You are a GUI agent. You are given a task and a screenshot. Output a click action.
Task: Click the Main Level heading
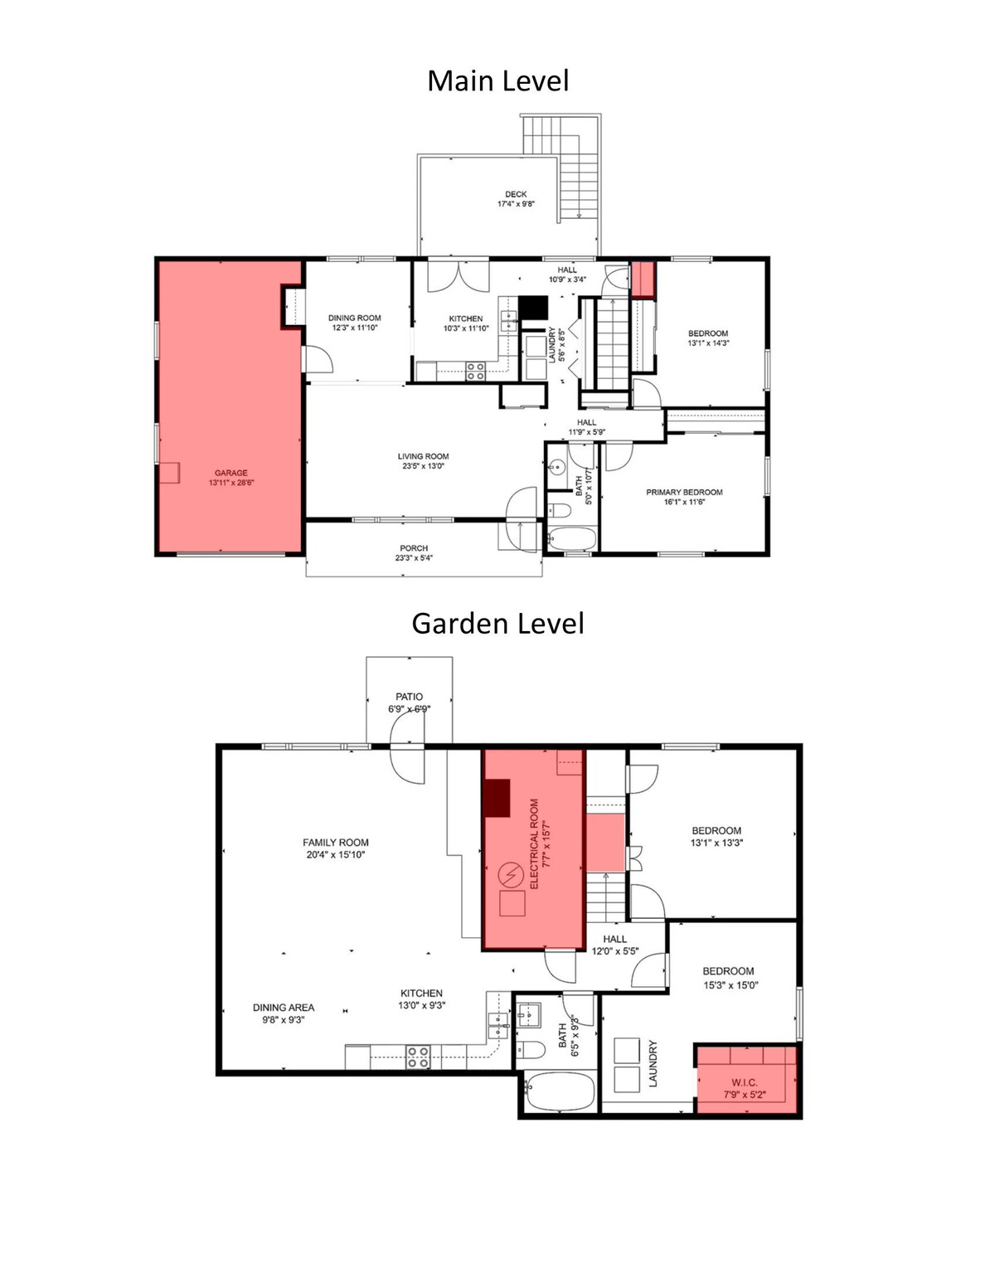(498, 80)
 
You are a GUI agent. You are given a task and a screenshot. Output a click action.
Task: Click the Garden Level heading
(498, 624)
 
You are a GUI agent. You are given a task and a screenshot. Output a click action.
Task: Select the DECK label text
(516, 194)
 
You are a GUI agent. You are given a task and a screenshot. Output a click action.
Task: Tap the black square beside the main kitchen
(533, 309)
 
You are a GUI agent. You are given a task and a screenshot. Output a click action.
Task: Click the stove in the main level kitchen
(474, 371)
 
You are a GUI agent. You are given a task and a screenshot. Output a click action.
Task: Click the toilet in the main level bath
(558, 509)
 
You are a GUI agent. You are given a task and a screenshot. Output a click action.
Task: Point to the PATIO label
(409, 697)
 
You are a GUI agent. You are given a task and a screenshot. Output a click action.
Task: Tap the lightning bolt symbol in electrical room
(510, 874)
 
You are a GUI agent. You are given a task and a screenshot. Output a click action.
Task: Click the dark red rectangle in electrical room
(497, 798)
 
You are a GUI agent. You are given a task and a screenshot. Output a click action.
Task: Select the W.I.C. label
(745, 1082)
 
